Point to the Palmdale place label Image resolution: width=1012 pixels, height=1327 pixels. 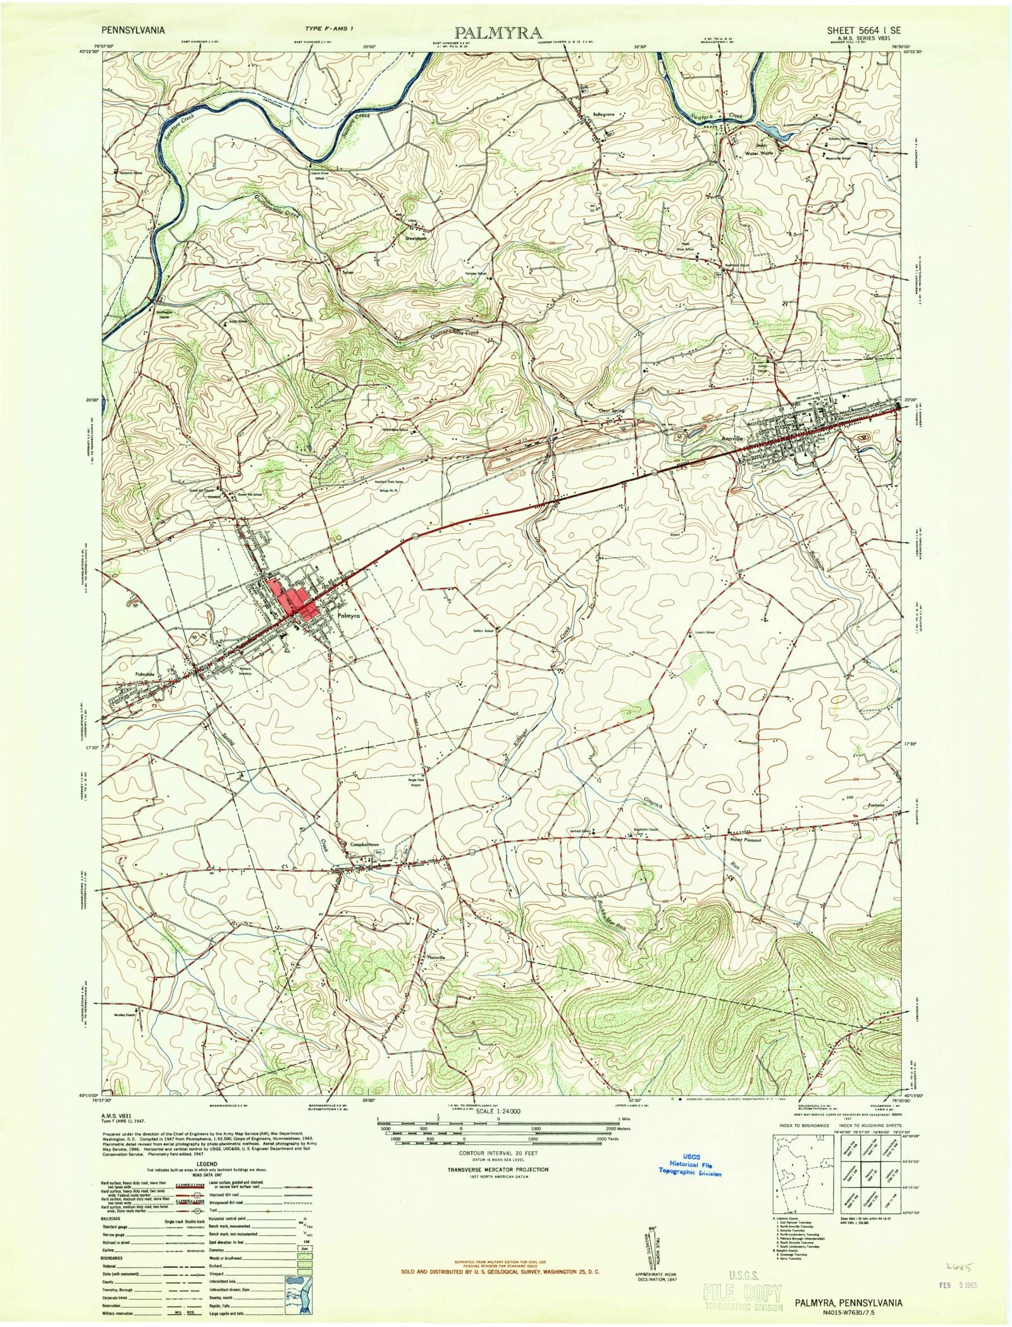pyautogui.click(x=144, y=674)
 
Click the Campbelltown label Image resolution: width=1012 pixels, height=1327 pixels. pyautogui.click(x=365, y=844)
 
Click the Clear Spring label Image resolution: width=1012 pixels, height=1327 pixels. pyautogui.click(x=611, y=410)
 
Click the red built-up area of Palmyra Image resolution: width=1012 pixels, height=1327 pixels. pyautogui.click(x=292, y=597)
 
